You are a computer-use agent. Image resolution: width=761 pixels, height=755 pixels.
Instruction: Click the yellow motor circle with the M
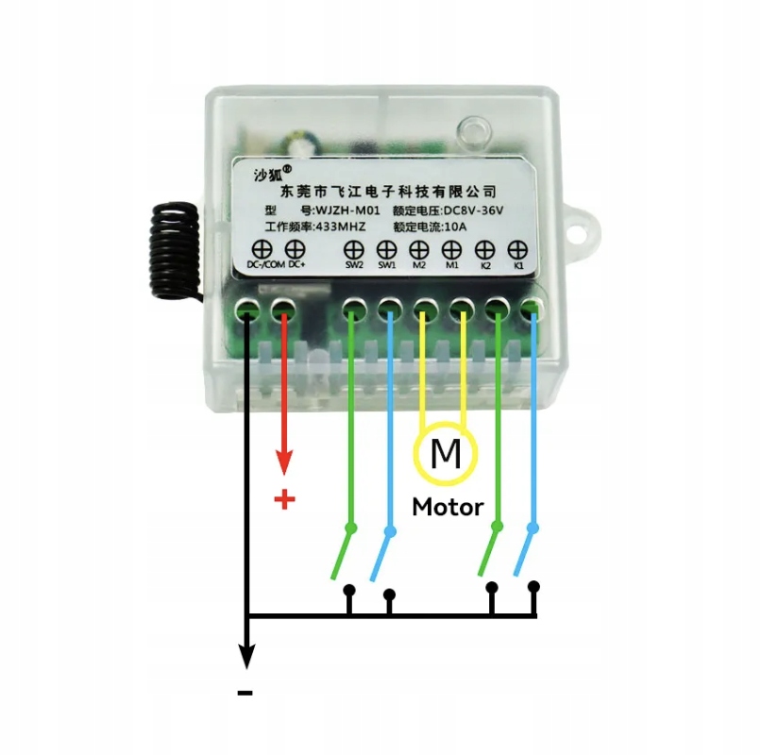tap(446, 456)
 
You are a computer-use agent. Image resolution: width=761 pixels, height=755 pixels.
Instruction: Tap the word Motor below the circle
tap(448, 507)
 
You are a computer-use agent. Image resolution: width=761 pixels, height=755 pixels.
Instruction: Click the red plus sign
tap(283, 499)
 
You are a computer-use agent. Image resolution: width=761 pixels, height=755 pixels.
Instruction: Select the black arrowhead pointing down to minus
tap(246, 654)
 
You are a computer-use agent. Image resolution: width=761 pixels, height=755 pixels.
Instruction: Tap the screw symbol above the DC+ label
tap(294, 249)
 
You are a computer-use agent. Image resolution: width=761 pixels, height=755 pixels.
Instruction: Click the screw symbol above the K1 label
tap(516, 250)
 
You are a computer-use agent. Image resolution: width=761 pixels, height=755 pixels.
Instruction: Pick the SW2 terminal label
tap(354, 266)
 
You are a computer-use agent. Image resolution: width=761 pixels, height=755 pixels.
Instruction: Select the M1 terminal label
tap(451, 266)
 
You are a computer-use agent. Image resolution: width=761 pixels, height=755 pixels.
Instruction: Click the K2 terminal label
tap(485, 266)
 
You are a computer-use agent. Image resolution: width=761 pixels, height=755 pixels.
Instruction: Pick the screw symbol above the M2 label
tap(419, 250)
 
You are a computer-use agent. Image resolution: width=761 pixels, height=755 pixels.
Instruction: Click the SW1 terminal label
tap(387, 266)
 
